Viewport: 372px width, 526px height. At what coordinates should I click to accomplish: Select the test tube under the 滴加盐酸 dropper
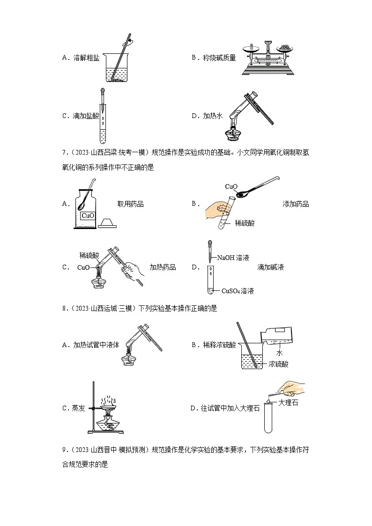coord(103,123)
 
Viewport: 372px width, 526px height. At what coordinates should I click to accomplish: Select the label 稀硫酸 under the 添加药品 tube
coord(245,224)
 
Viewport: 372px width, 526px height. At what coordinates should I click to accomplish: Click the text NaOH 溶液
coord(233,258)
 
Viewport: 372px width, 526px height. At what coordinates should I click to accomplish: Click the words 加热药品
coord(163,267)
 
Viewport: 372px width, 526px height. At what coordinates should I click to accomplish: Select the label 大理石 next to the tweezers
coord(288,402)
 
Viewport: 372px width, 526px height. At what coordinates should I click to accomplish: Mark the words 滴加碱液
coord(270,267)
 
